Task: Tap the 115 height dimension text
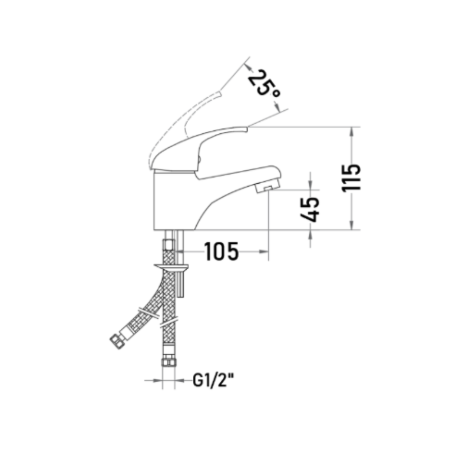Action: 351,178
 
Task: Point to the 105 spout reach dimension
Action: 221,251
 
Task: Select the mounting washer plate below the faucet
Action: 171,267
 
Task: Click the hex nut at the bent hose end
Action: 117,342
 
